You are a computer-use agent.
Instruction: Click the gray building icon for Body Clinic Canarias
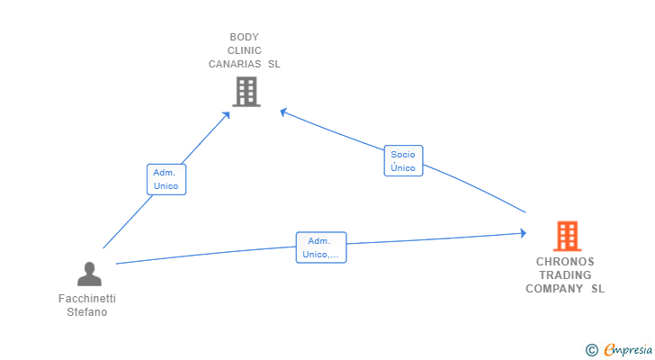tap(247, 92)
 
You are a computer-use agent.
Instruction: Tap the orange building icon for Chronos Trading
tap(567, 236)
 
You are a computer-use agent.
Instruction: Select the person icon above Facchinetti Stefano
tap(89, 274)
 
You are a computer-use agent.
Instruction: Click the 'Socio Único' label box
tap(403, 161)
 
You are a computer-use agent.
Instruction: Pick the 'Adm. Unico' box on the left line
tap(166, 180)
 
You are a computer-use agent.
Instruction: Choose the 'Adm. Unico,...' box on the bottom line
tap(321, 247)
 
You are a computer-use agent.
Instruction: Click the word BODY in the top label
tap(245, 37)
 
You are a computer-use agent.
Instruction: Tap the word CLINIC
tap(245, 50)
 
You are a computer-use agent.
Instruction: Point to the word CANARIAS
tap(235, 64)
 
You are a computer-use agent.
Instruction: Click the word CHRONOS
tap(565, 262)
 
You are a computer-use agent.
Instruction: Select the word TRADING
tap(565, 275)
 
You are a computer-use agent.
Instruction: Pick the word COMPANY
tap(554, 289)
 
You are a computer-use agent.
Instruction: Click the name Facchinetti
tap(87, 299)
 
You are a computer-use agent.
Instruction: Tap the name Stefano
tap(87, 312)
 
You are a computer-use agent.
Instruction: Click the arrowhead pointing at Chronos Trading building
tap(523, 233)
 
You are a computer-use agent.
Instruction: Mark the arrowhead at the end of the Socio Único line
tap(283, 112)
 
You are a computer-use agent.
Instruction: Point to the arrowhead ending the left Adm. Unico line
tap(227, 115)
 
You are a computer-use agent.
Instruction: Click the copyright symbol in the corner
tap(591, 350)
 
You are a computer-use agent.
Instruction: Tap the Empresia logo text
tap(628, 350)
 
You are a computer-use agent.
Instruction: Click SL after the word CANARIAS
tap(274, 64)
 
